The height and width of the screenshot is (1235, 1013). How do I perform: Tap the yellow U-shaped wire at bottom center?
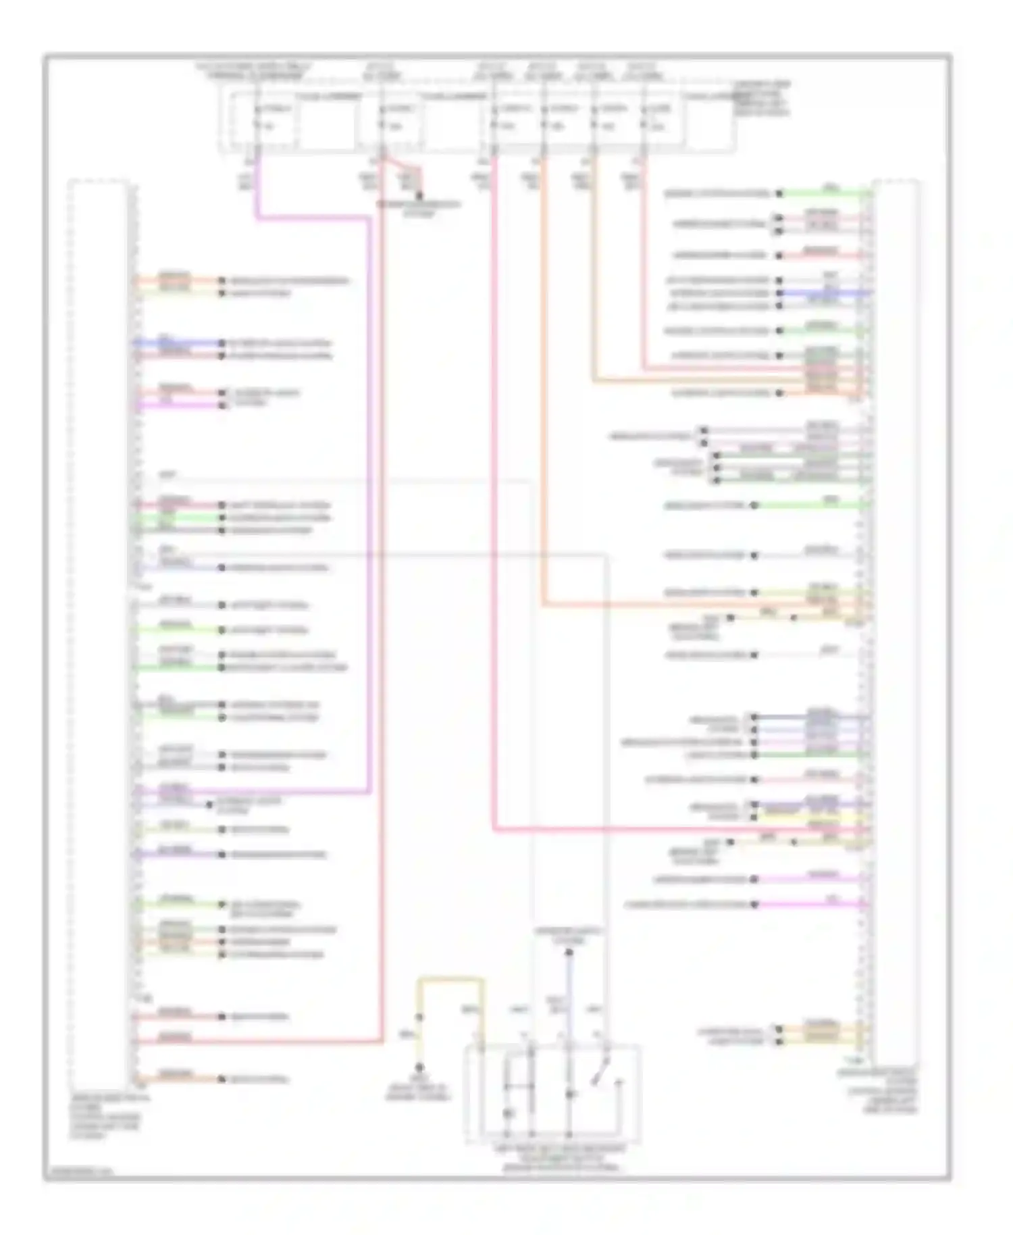(x=451, y=978)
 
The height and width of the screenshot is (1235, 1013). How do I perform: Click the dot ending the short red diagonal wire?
(x=419, y=197)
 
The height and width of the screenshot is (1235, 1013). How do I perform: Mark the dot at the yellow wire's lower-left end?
(x=419, y=1067)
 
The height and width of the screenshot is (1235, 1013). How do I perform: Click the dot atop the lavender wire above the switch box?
(x=569, y=953)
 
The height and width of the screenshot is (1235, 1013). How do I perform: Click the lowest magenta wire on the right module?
(x=810, y=904)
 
